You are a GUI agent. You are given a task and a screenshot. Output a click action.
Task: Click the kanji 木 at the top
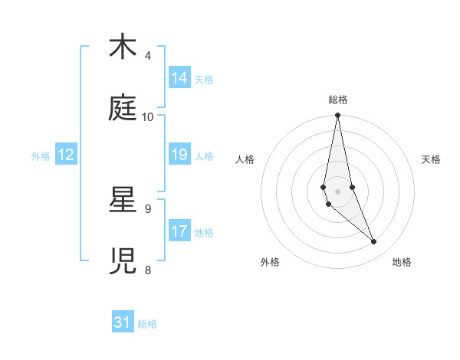(x=123, y=47)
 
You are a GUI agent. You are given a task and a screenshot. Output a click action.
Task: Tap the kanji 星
(x=123, y=200)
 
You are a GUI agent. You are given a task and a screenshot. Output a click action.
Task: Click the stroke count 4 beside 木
(x=148, y=56)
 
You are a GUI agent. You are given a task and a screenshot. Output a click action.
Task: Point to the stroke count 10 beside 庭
(x=148, y=117)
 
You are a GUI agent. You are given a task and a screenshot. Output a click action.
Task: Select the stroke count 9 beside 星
(x=148, y=208)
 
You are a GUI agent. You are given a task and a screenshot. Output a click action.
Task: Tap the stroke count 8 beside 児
(x=148, y=270)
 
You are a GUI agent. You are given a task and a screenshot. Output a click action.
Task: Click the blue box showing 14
(x=179, y=78)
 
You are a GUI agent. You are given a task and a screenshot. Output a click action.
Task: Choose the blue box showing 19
(x=179, y=155)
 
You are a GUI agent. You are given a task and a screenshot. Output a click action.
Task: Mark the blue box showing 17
(x=179, y=231)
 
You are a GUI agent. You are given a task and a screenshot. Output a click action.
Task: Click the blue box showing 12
(x=66, y=155)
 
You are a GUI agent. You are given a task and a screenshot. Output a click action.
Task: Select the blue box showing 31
(x=123, y=322)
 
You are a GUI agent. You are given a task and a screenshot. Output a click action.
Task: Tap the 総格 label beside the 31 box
(x=147, y=324)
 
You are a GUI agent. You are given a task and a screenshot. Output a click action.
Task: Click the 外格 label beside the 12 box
(x=41, y=156)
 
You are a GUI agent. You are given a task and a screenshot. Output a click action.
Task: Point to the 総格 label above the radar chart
(x=338, y=100)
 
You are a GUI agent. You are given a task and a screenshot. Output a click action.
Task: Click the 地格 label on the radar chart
(x=402, y=262)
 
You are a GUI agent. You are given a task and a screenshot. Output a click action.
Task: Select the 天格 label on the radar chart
(x=432, y=159)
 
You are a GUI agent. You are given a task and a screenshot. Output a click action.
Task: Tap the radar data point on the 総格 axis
(x=337, y=116)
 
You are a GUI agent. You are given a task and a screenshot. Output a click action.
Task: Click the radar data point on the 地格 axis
(x=374, y=242)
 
